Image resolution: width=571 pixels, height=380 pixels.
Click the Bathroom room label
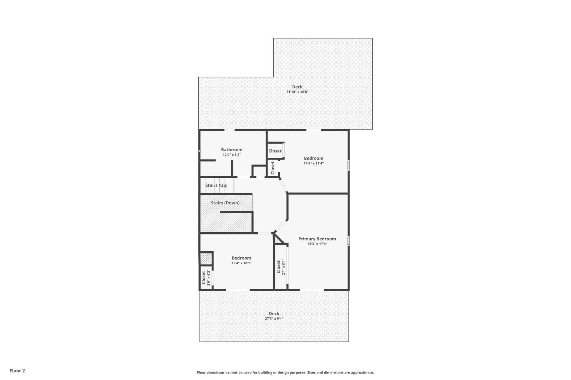coord(231,150)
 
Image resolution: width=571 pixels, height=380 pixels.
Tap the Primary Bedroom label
coord(317,239)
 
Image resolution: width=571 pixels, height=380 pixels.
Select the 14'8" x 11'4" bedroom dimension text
coord(314,163)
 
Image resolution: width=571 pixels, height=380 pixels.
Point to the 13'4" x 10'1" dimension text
coord(241,263)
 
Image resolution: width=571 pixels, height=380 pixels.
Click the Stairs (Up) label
coord(217,185)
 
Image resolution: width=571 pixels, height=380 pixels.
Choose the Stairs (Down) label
coord(225,203)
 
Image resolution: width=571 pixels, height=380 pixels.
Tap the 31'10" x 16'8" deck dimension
coord(297,92)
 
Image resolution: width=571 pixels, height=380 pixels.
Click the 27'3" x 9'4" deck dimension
coord(274,319)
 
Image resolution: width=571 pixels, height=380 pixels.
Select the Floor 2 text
coord(18,370)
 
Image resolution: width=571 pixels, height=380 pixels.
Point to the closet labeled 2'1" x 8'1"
coord(281,267)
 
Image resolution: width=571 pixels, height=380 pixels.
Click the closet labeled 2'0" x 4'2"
coord(206,277)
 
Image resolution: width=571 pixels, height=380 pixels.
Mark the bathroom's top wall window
coord(230,130)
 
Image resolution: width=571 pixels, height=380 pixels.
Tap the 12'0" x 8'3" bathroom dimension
coord(231,155)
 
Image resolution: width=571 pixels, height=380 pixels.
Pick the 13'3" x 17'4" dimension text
coord(317,244)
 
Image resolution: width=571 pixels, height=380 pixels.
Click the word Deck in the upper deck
coord(297,87)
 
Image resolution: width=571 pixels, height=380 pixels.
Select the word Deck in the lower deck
coord(274,313)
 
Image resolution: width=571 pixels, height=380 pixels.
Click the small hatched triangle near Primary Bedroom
coord(277,240)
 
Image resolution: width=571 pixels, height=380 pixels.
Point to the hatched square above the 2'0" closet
coord(206,259)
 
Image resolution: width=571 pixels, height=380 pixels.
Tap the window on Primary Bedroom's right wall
coord(348,241)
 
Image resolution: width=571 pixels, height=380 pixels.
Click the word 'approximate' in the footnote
coord(362,373)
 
